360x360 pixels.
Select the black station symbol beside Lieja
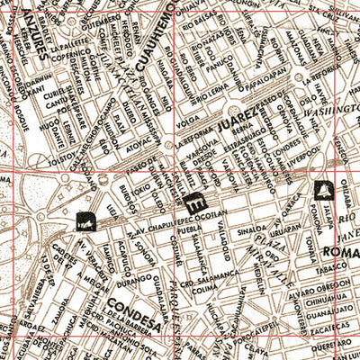pos(87,218)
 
